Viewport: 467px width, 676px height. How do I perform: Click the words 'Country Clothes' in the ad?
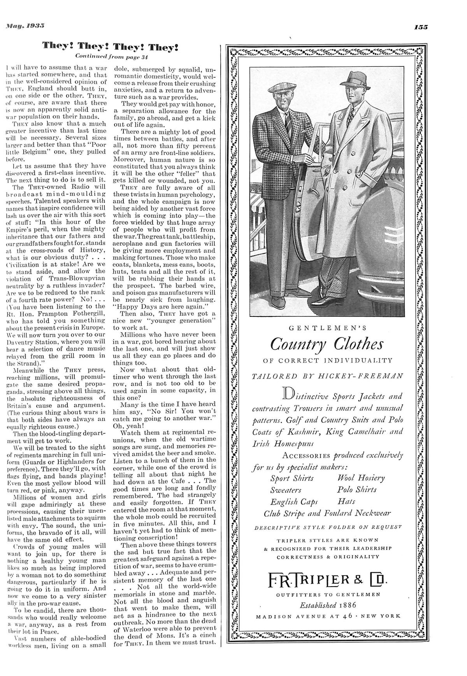click(327, 344)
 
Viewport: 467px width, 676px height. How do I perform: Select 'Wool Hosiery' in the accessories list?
click(361, 478)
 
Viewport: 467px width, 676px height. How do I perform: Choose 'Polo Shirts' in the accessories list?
click(357, 489)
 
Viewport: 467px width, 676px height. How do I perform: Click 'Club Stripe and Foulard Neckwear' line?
click(327, 514)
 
